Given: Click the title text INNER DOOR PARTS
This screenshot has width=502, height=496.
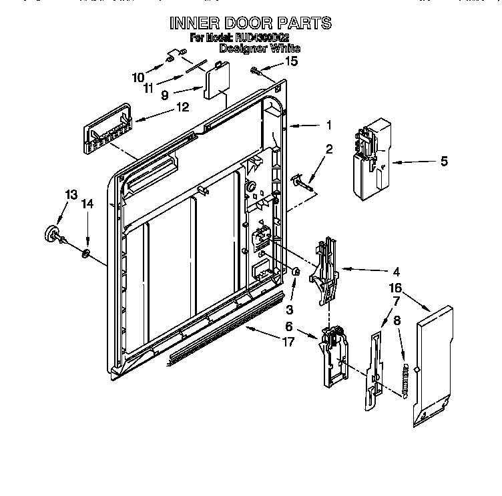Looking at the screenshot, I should click(x=250, y=23).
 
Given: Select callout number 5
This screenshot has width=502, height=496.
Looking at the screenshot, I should click(x=445, y=161).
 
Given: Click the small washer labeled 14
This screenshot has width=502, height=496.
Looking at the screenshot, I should click(x=87, y=252).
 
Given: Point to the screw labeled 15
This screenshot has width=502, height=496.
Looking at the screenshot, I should click(x=255, y=69).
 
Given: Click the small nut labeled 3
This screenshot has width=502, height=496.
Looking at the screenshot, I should click(x=296, y=272).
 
